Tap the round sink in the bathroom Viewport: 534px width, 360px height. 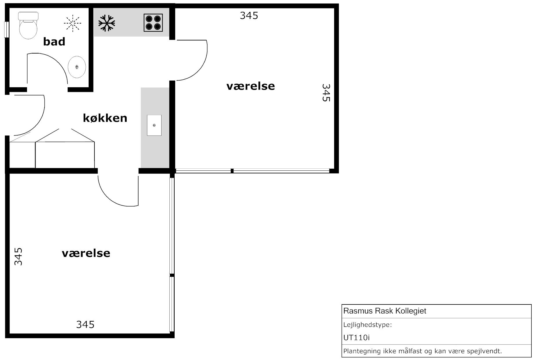coord(77,67)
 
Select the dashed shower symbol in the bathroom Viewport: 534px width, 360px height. coord(72,23)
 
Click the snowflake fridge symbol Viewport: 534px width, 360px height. coord(107,23)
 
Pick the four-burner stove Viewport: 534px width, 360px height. coord(153,23)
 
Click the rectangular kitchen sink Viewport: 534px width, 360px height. coord(154,125)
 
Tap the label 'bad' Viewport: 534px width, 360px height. coord(54,42)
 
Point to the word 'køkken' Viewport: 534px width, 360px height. coord(105,118)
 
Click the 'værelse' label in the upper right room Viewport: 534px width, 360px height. coord(250,86)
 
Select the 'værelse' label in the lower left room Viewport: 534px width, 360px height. coord(86,253)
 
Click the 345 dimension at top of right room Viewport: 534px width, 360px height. coord(249,15)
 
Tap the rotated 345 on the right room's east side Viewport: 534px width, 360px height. coord(326,93)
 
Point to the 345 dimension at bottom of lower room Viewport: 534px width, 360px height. coord(85,324)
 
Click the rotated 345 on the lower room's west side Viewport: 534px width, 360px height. coord(18,256)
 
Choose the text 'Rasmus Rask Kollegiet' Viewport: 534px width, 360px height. coord(385,311)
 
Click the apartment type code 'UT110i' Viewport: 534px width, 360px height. coord(356,338)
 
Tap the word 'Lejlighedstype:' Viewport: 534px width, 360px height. coord(368,325)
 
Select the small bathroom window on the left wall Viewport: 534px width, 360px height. coord(6,30)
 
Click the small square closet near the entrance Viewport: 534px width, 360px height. coord(22,155)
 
